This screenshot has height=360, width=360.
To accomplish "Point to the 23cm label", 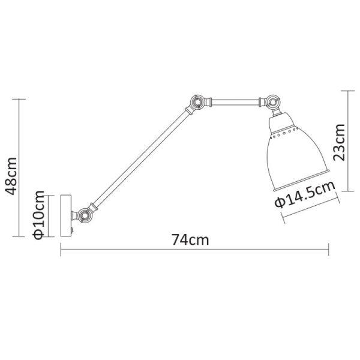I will click(x=340, y=142).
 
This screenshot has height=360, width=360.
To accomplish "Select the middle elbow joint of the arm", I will click(x=195, y=103).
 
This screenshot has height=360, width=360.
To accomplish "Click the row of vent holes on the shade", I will click(x=283, y=133).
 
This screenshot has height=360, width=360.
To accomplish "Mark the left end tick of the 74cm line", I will click(x=61, y=250).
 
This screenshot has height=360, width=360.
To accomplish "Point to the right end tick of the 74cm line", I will click(x=328, y=250).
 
